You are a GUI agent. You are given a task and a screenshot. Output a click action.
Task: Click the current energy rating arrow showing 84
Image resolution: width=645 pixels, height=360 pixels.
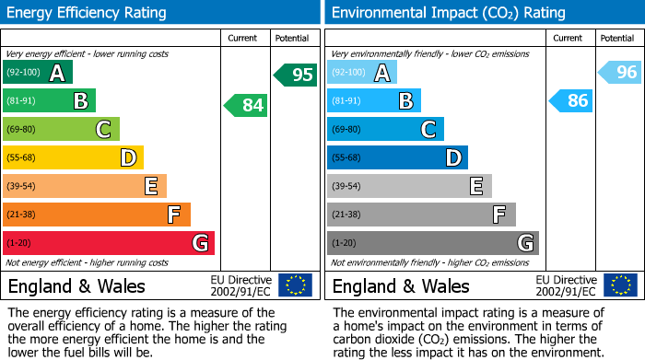point(246,105)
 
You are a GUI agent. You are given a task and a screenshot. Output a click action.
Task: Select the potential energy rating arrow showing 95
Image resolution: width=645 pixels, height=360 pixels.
point(296,75)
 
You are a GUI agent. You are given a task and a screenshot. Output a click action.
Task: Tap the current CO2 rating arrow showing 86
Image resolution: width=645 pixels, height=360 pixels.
point(570,100)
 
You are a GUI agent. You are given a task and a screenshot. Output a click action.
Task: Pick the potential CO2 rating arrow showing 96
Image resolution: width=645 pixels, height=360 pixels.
point(620,72)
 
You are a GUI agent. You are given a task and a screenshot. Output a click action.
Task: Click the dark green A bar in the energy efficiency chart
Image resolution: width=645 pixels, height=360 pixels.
point(37,73)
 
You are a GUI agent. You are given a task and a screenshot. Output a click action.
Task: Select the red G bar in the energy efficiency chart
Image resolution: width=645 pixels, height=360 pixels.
point(109,243)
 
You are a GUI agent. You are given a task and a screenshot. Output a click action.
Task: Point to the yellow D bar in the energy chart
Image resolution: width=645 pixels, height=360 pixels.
point(73,157)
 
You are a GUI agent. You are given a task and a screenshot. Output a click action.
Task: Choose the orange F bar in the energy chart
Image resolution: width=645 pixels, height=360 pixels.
point(97,215)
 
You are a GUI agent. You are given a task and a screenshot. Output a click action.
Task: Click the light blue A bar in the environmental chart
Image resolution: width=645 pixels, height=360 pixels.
point(362,73)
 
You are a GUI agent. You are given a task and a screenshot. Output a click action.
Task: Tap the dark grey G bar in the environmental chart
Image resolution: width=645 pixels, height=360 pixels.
point(433,243)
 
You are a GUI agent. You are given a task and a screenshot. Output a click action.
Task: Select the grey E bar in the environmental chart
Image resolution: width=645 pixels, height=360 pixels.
point(409,186)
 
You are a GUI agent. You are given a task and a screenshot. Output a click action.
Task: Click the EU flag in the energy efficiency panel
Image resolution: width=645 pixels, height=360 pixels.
point(295,285)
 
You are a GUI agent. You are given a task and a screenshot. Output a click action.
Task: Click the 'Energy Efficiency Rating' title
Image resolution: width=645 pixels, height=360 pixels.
point(88,13)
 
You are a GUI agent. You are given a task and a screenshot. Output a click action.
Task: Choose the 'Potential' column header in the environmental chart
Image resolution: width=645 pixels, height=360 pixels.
point(617,38)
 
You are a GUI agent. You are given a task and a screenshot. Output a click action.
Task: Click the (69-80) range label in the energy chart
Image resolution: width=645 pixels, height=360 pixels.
point(21,130)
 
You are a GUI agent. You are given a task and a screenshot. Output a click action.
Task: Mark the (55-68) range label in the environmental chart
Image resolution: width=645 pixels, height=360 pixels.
point(347,158)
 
